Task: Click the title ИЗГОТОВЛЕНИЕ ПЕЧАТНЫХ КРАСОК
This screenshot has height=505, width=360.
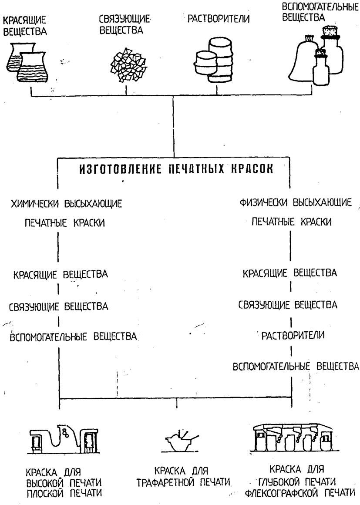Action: point(176,169)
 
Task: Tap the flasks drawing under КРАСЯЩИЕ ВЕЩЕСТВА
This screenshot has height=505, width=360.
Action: point(29,63)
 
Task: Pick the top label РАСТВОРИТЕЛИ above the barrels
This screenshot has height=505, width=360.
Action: point(219,19)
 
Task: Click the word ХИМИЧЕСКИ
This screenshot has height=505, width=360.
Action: point(35,204)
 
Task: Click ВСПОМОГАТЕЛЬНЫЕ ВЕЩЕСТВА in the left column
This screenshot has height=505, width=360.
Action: point(74,337)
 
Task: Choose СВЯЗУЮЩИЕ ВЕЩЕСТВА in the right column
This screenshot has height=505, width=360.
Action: point(288,305)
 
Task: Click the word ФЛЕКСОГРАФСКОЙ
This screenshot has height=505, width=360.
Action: point(283,493)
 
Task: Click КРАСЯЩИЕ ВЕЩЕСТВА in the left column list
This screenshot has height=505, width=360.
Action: point(61,275)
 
